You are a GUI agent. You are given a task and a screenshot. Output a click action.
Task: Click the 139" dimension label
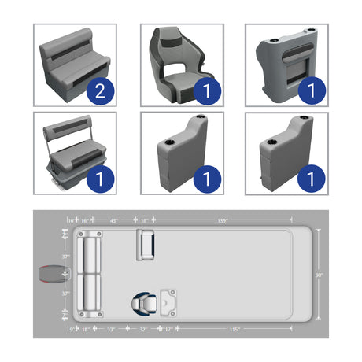pyautogui.click(x=223, y=221)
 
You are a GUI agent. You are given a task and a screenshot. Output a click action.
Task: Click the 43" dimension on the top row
pyautogui.click(x=113, y=221)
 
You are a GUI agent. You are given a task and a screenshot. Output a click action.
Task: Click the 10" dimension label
pyautogui.click(x=71, y=221)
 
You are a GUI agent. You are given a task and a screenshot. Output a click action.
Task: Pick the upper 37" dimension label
pyautogui.click(x=66, y=257)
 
